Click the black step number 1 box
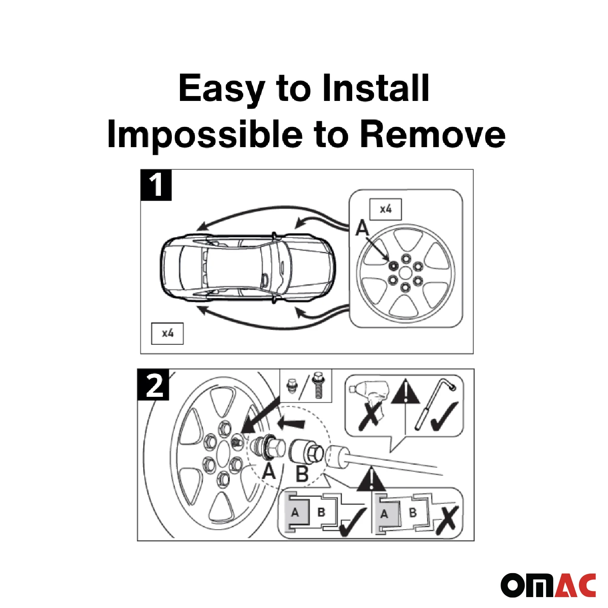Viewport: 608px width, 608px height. tap(156, 185)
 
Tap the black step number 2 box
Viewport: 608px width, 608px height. tap(153, 385)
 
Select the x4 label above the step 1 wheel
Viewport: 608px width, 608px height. tap(385, 209)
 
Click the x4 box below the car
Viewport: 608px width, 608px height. tap(167, 333)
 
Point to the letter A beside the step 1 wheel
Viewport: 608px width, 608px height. tap(362, 228)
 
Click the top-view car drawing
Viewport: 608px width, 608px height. tap(248, 268)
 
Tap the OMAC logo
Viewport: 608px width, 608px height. tap(548, 585)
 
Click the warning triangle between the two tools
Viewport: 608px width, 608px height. tap(406, 391)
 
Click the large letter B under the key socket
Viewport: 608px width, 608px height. tap(302, 474)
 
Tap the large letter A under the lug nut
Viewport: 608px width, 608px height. tap(269, 471)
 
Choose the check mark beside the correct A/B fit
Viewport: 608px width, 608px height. tap(353, 523)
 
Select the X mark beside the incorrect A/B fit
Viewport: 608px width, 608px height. tap(447, 520)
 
